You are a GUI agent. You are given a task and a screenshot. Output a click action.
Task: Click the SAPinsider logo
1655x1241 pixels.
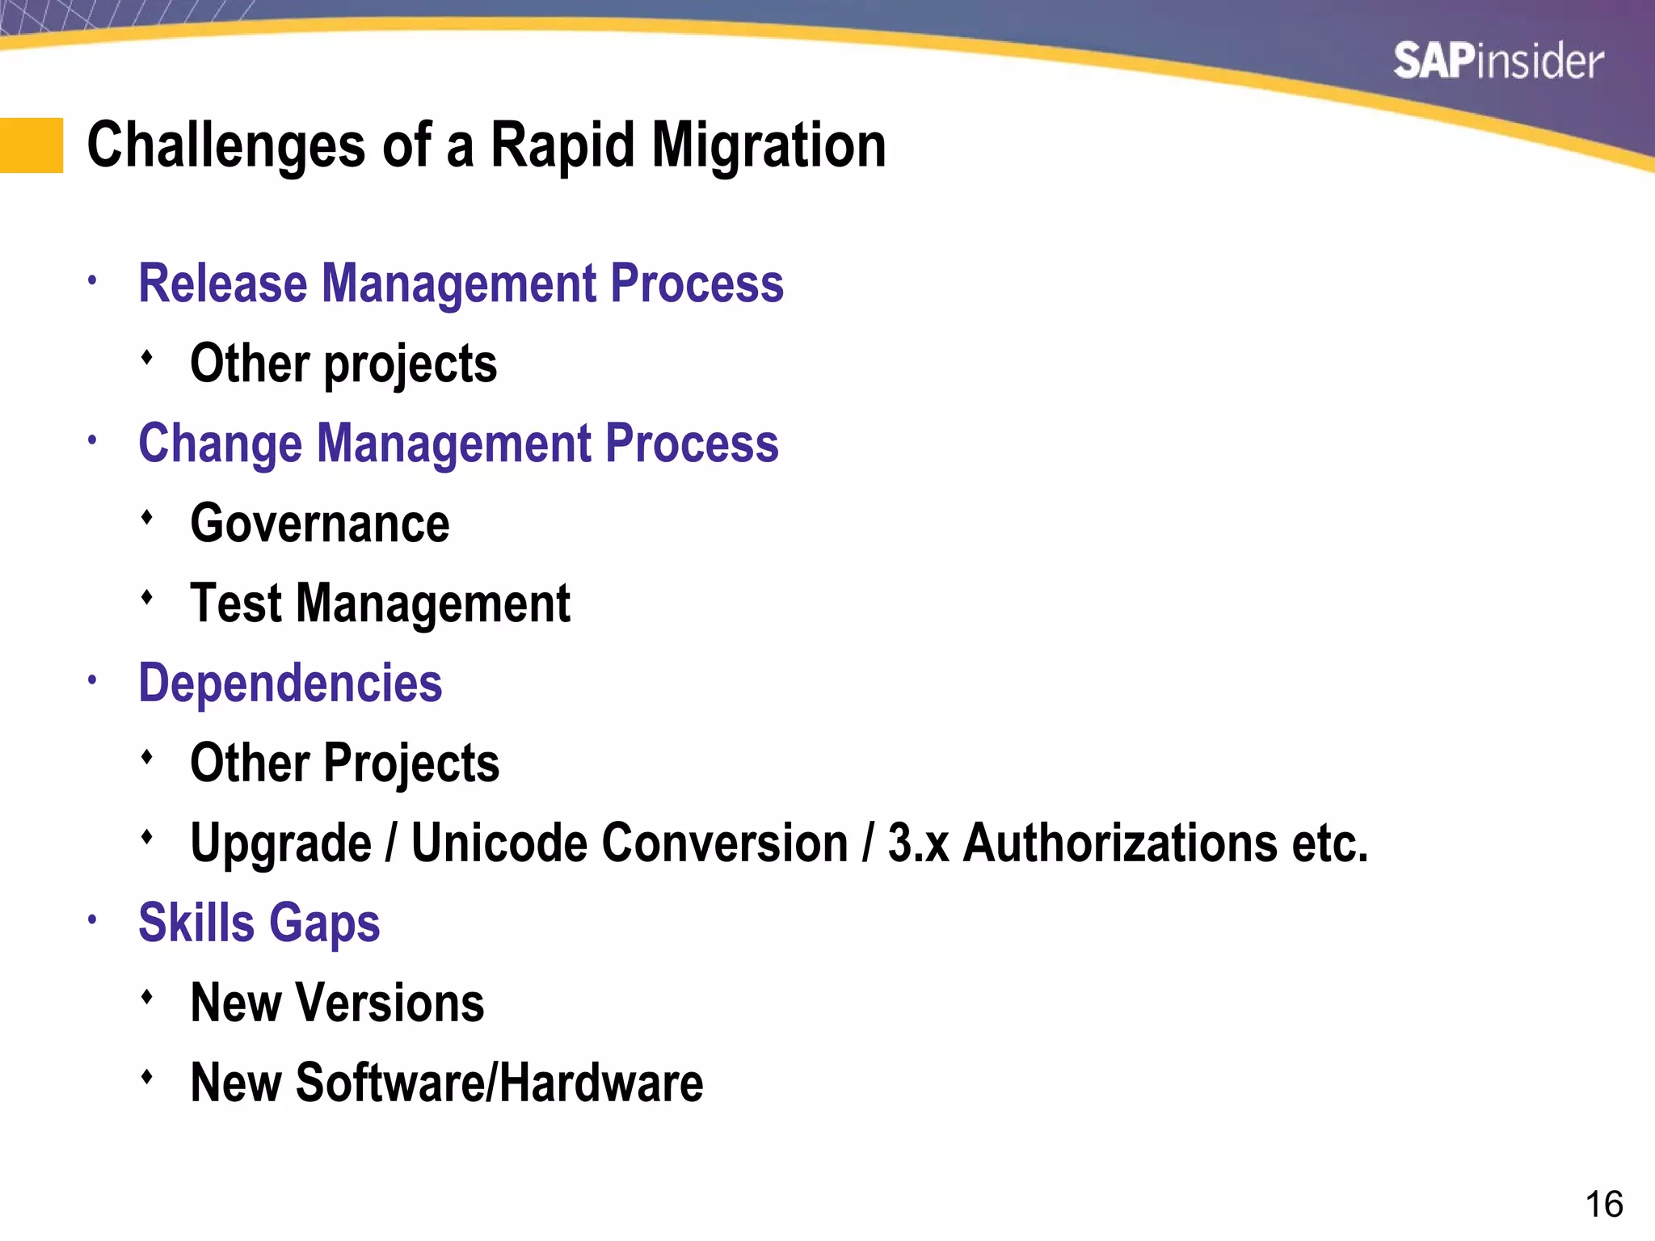[x=1497, y=62]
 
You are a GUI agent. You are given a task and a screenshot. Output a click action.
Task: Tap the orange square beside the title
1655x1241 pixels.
[x=32, y=145]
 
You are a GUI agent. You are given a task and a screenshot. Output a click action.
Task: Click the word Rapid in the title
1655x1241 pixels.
[x=562, y=145]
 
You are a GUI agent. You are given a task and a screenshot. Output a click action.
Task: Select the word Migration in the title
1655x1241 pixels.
[x=769, y=145]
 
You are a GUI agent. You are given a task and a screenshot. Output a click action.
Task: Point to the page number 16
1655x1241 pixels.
[x=1603, y=1205]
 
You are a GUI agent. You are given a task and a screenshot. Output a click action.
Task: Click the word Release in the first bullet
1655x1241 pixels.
[x=223, y=284]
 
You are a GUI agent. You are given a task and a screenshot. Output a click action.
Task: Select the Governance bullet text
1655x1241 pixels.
[x=320, y=524]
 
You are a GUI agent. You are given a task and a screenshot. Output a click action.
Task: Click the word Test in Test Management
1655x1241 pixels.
[x=236, y=604]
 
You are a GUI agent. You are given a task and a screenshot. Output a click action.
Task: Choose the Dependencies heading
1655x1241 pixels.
[x=290, y=684]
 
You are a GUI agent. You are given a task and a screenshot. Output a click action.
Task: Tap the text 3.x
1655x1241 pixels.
[x=918, y=843]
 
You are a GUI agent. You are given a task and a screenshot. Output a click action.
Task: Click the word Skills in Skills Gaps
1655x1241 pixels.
[x=197, y=923]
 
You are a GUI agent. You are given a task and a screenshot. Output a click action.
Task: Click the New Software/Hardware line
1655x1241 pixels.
[x=447, y=1083]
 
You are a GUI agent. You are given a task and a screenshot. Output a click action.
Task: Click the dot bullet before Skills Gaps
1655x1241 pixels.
[x=93, y=919]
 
